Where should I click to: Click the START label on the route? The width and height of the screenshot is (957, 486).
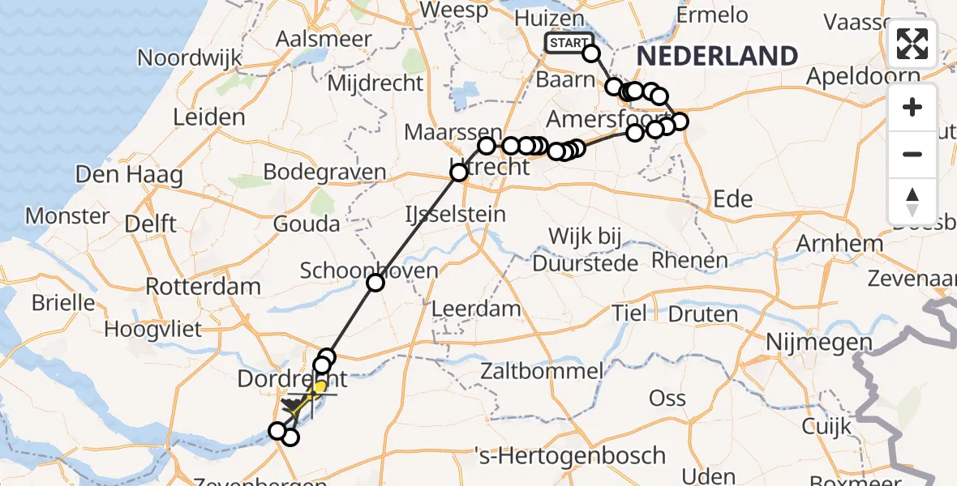(569, 43)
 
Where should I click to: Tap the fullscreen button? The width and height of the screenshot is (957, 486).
(912, 44)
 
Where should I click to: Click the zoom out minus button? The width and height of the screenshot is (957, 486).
(912, 154)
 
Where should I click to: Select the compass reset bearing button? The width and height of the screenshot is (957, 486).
(912, 202)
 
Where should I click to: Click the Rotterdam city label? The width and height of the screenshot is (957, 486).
(203, 286)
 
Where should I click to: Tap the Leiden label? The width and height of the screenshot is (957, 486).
(209, 117)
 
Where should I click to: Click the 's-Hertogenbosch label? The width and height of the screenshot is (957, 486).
(571, 456)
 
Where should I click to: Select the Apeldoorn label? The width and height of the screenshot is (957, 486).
(864, 77)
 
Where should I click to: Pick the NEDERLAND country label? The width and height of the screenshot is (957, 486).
(717, 56)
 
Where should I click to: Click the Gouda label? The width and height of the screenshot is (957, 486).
(307, 224)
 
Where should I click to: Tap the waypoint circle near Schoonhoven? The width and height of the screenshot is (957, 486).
(375, 283)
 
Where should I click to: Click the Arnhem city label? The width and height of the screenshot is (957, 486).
(839, 243)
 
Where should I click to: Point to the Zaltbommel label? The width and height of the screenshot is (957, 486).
(541, 373)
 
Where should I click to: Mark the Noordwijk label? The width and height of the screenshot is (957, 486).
(191, 58)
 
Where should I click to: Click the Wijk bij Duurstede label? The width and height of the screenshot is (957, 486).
(585, 250)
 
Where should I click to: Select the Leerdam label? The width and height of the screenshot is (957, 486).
(476, 308)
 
